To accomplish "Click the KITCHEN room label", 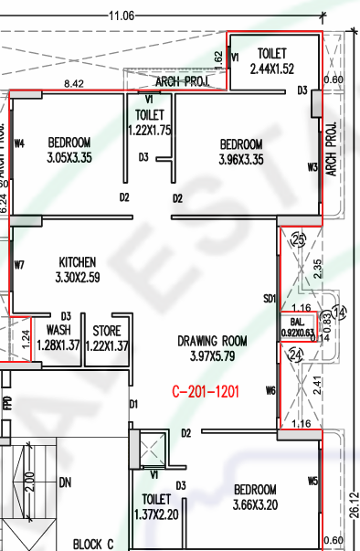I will [x=77, y=260].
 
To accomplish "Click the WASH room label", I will [x=58, y=330].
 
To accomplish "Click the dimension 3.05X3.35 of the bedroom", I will [x=69, y=158].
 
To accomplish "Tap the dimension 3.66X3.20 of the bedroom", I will [x=255, y=504].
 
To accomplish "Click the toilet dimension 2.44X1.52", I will [x=271, y=69].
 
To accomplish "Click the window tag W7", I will [x=18, y=265].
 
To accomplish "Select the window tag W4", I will [x=18, y=143].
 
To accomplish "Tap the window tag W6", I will [x=270, y=390].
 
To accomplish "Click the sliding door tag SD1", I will [x=270, y=298].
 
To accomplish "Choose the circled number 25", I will [x=297, y=239].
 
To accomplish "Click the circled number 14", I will [x=341, y=313].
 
